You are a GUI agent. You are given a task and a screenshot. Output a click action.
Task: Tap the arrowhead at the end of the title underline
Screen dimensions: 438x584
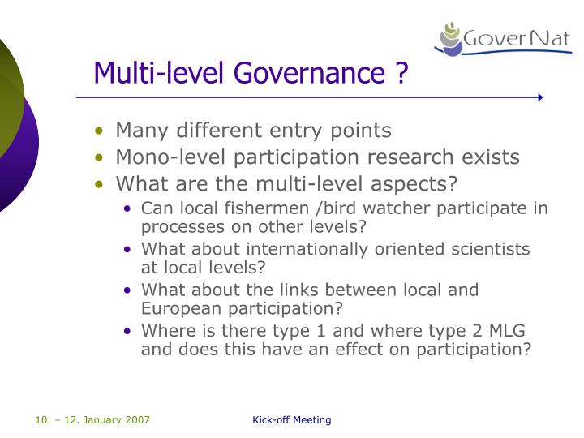pyautogui.click(x=539, y=97)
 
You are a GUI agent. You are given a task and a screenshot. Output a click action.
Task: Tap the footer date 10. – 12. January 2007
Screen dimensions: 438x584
pyautogui.click(x=92, y=419)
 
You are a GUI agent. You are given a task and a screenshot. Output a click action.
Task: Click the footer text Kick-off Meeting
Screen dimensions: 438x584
pyautogui.click(x=292, y=419)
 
